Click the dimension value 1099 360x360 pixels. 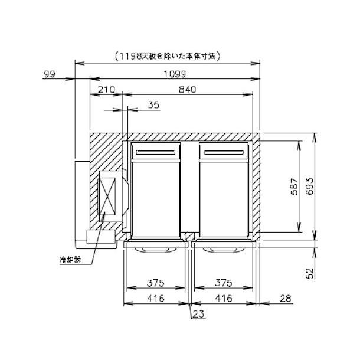(x=175, y=74)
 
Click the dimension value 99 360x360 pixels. (x=50, y=74)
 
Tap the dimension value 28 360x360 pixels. (x=285, y=299)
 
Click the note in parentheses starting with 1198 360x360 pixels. (x=167, y=56)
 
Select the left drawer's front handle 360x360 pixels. (x=154, y=249)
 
